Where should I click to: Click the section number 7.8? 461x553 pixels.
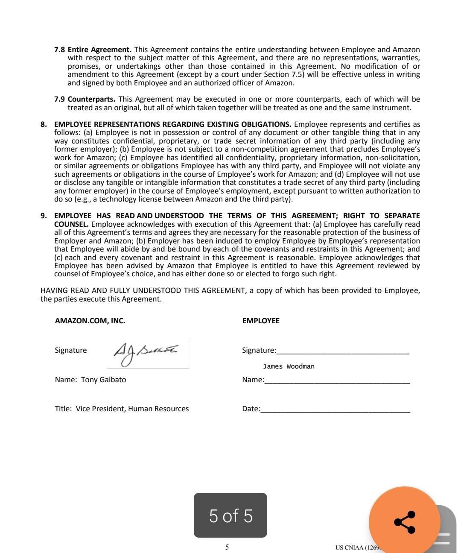click(59, 50)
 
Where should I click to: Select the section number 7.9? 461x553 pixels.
click(59, 99)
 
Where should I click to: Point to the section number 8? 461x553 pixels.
click(44, 124)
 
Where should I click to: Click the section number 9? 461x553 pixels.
click(44, 216)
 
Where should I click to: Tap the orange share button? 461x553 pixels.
click(404, 522)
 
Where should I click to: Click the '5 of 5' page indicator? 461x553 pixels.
click(230, 515)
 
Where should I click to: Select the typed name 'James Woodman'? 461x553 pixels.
click(289, 366)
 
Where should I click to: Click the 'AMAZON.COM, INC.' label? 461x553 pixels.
click(90, 321)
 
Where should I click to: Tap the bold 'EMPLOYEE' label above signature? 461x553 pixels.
click(261, 321)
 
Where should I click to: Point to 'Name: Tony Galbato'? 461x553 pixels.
click(90, 380)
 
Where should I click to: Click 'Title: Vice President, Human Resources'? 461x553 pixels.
click(122, 409)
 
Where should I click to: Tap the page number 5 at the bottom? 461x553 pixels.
click(227, 547)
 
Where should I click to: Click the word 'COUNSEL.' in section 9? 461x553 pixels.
click(71, 224)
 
